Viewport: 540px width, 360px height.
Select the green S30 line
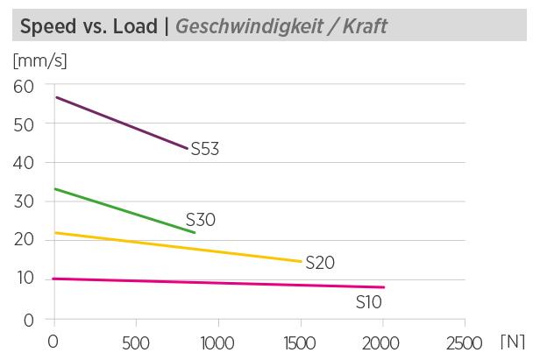[x=123, y=210]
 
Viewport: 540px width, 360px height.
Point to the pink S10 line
[x=219, y=282]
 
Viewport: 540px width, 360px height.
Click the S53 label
[x=204, y=149]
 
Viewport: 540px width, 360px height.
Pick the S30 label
[x=201, y=220]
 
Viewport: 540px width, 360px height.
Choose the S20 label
[x=321, y=263]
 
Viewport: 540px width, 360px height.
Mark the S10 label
[x=369, y=302]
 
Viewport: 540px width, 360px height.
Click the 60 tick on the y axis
[x=22, y=85]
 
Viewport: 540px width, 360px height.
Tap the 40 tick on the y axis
[x=22, y=163]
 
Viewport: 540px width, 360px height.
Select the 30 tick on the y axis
[x=22, y=201]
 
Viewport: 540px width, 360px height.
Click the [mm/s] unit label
[x=39, y=61]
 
